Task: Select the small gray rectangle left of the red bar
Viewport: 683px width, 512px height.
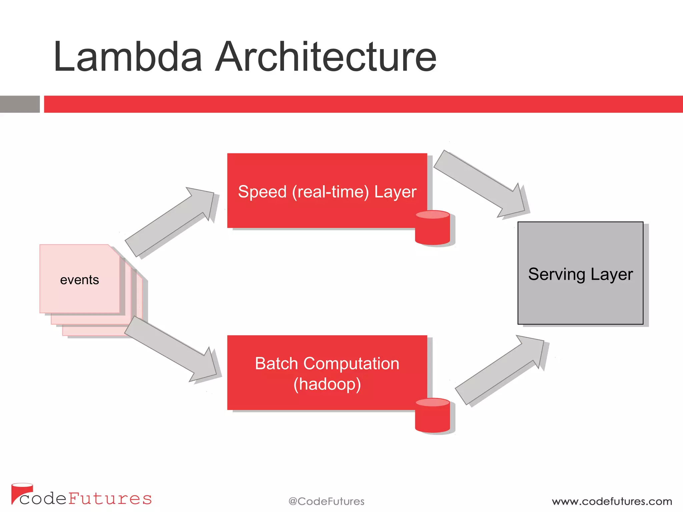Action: (x=20, y=104)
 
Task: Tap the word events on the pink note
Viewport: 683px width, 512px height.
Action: (x=79, y=280)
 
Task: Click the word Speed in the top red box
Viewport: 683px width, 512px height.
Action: (x=262, y=192)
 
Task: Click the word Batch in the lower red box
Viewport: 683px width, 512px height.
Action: (x=276, y=364)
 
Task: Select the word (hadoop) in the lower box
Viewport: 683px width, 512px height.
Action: (x=327, y=384)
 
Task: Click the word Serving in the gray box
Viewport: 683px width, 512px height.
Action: (x=557, y=274)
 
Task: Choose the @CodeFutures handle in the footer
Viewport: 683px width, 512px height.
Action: (x=326, y=501)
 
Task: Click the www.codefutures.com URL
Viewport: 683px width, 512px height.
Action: (x=612, y=501)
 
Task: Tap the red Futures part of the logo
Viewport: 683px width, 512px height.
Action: (x=110, y=499)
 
